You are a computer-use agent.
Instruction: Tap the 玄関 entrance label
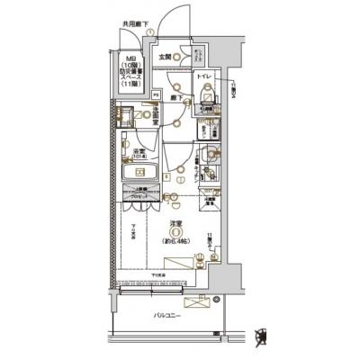pos(165,57)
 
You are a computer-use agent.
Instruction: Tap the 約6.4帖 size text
pos(178,241)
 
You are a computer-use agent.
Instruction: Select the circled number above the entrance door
pos(150,32)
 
